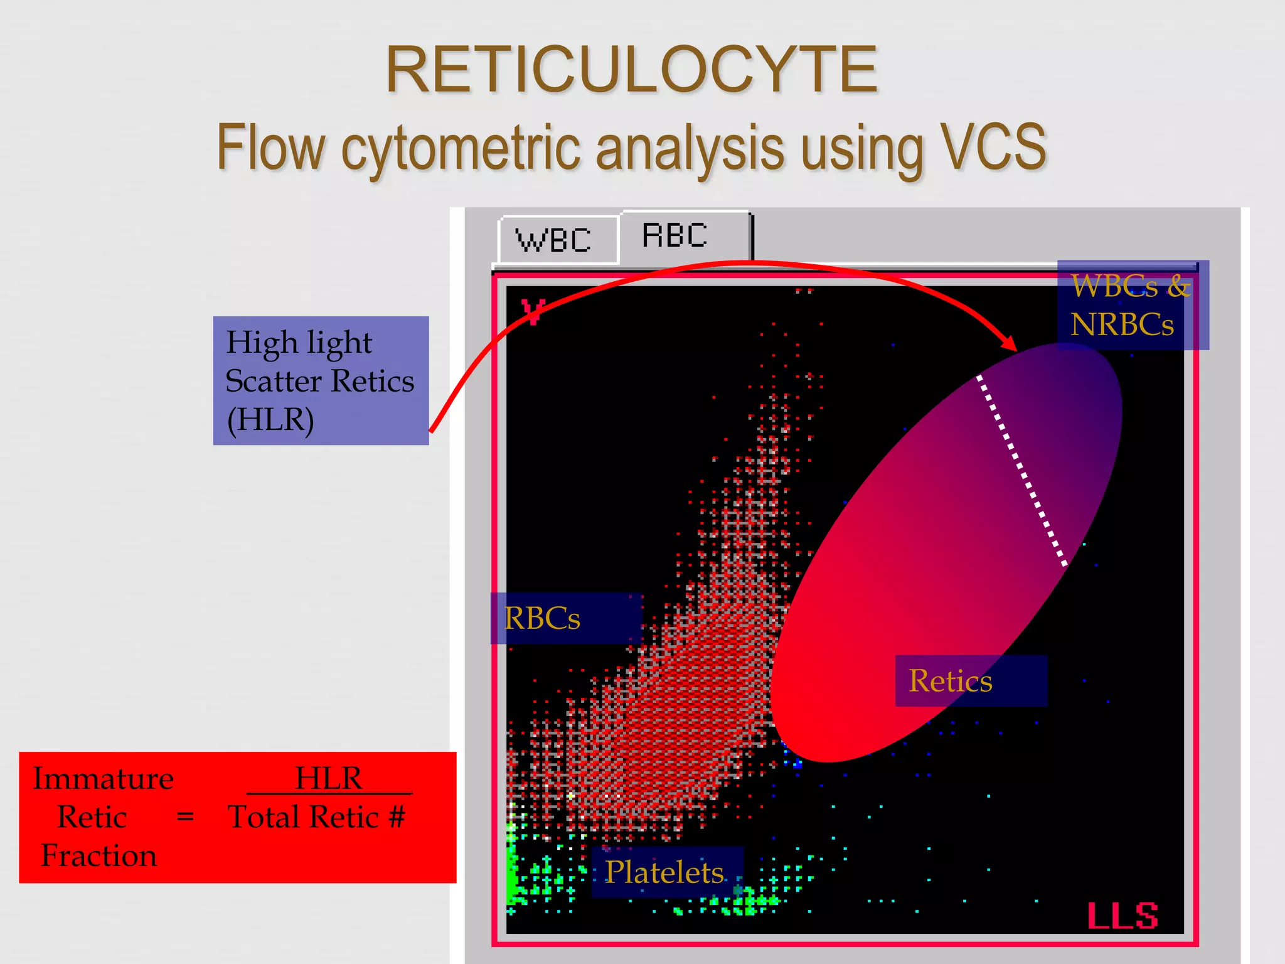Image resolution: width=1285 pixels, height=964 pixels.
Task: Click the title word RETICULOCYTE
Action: (x=631, y=70)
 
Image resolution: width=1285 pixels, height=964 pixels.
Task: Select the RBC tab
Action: (x=675, y=237)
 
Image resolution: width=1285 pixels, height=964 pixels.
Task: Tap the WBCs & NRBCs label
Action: (x=1130, y=306)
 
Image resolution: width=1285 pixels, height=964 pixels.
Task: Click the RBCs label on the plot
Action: (x=543, y=619)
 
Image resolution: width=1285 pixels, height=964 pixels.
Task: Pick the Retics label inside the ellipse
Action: (x=950, y=682)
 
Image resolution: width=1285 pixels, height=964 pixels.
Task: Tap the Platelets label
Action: (x=664, y=872)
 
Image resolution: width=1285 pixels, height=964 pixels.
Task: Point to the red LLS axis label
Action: (x=1122, y=916)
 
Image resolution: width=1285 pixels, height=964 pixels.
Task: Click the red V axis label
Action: (x=533, y=311)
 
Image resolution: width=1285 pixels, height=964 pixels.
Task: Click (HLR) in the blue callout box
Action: (x=270, y=420)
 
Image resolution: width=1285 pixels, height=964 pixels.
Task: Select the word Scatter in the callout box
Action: (x=274, y=382)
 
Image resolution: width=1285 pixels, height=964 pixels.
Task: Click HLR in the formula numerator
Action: (x=328, y=778)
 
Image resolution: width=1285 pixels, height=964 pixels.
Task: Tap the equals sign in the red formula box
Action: (x=185, y=817)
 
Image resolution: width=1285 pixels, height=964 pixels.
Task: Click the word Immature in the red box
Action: (x=104, y=779)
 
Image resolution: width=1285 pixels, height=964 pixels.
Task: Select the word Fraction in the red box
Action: (x=99, y=856)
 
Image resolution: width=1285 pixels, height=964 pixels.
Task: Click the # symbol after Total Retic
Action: (x=396, y=817)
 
